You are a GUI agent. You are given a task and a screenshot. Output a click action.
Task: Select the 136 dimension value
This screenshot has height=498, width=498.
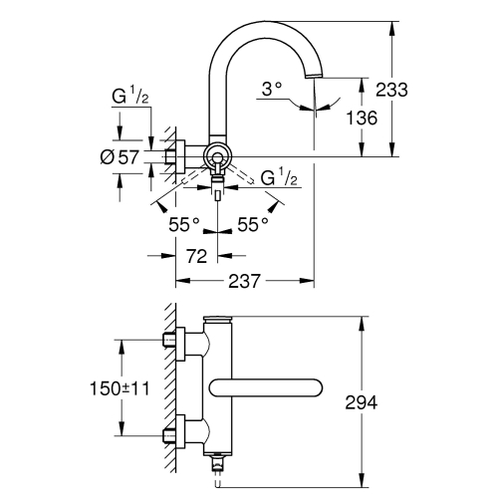361,118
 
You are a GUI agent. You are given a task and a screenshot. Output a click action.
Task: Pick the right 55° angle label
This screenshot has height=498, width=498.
253,224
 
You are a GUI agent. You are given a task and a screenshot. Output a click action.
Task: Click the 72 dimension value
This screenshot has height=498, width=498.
196,256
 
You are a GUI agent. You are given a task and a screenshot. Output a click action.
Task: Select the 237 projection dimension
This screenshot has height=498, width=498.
243,282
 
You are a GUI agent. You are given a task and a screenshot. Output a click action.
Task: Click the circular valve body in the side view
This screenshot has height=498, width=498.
216,155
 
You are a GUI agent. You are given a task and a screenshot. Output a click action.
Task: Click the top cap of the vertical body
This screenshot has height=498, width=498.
217,322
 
